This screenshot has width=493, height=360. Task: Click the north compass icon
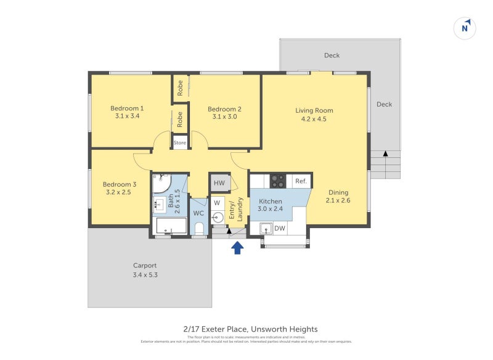coord(465,28)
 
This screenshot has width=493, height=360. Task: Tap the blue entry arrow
coord(237,248)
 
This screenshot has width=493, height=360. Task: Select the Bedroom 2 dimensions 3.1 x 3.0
coord(224,117)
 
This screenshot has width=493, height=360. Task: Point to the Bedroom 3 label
coord(120,184)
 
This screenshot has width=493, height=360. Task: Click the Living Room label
coord(314,111)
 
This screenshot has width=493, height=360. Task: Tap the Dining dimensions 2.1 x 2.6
coord(338,200)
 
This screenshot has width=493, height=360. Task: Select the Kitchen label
coord(270,202)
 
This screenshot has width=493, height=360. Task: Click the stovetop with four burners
coord(278,181)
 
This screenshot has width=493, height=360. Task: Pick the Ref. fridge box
coord(301,181)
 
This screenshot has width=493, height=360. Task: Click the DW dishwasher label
coord(279,229)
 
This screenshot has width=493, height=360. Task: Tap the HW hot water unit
coord(219,182)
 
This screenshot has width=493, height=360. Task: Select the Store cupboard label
coord(179,143)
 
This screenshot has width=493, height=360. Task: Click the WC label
coord(198,213)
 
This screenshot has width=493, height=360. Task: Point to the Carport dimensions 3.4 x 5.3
coord(145,275)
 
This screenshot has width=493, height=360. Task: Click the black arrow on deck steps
coord(386,153)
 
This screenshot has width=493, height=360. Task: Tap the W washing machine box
coord(217,202)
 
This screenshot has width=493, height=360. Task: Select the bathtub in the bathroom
coord(171,226)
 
